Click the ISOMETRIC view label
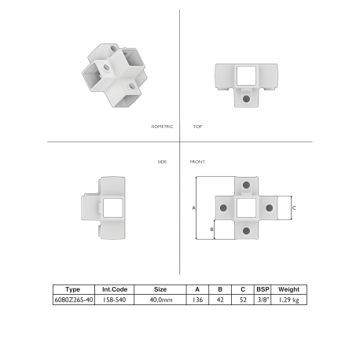(162, 126)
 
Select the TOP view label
(197, 126)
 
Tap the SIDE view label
(163, 161)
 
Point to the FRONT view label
(198, 161)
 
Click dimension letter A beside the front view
(193, 208)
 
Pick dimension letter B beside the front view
(211, 229)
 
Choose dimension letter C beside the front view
(295, 208)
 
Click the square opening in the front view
(247, 208)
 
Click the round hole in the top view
(247, 100)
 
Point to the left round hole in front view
(224, 208)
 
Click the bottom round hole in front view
(247, 230)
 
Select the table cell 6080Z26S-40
(74, 299)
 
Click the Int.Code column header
(115, 289)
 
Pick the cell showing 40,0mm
(160, 299)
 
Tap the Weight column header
(288, 289)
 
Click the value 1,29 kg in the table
(288, 299)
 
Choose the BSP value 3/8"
(263, 299)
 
